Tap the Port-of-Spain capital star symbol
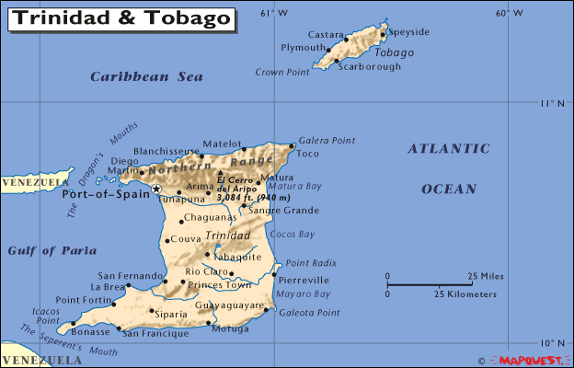click(x=156, y=189)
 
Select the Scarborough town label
click(x=370, y=66)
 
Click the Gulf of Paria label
click(x=45, y=250)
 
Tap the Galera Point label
click(x=327, y=140)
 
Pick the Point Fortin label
click(x=85, y=300)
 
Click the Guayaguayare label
click(x=230, y=303)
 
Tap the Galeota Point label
click(x=309, y=313)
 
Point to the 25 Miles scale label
click(x=485, y=276)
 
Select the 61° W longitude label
click(x=273, y=13)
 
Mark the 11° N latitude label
click(x=552, y=103)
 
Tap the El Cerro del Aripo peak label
click(x=252, y=189)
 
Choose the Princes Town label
click(x=219, y=285)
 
